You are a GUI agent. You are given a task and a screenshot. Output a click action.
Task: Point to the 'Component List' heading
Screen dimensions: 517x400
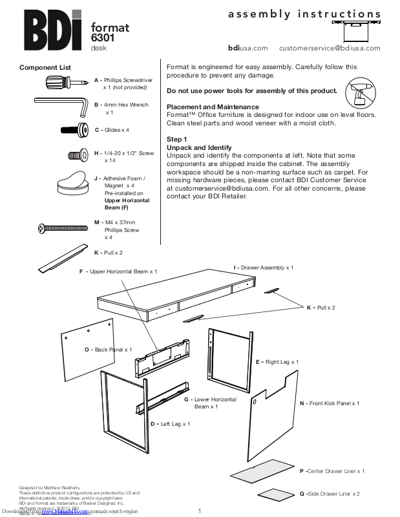click(x=45, y=68)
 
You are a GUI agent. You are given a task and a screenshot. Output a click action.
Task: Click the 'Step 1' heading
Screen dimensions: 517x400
click(x=177, y=140)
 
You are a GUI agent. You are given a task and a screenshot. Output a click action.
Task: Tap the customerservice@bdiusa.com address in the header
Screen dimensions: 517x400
click(x=330, y=48)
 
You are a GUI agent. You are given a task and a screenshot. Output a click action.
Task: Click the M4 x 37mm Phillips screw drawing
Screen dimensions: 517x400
click(x=63, y=227)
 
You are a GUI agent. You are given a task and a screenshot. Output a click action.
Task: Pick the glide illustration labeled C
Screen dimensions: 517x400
click(x=74, y=130)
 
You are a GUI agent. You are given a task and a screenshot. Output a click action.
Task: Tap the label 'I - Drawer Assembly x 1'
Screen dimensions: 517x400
click(x=264, y=267)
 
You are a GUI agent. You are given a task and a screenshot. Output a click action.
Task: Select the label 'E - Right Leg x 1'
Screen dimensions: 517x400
click(x=277, y=362)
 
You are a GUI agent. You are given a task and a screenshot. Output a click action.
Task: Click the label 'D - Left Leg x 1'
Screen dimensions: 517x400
click(x=170, y=423)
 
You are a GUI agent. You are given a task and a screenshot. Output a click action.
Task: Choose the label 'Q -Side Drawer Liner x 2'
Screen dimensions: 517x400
click(x=330, y=493)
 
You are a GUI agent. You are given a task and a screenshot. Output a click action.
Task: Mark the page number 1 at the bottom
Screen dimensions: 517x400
click(x=200, y=512)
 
